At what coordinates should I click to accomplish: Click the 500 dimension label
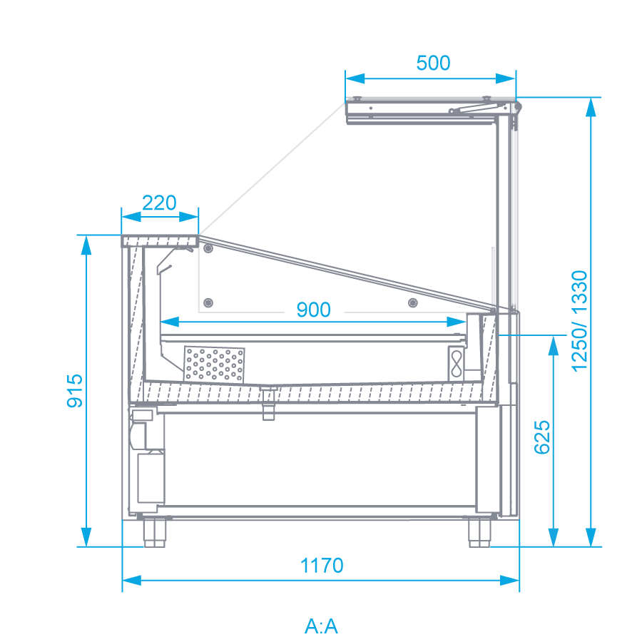pyautogui.click(x=433, y=63)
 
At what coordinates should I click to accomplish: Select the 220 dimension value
pyautogui.click(x=159, y=203)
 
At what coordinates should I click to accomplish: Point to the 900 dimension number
pyautogui.click(x=314, y=310)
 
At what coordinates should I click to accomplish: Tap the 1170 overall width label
pyautogui.click(x=322, y=566)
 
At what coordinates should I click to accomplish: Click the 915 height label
pyautogui.click(x=74, y=391)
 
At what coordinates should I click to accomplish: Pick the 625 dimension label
pyautogui.click(x=543, y=437)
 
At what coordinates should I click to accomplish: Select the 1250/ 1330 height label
pyautogui.click(x=579, y=321)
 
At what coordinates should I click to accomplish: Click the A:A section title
pyautogui.click(x=322, y=626)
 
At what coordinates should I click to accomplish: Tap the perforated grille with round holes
pyautogui.click(x=214, y=365)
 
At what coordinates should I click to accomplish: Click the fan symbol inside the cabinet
pyautogui.click(x=456, y=364)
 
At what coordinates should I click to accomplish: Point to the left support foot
pyautogui.click(x=154, y=532)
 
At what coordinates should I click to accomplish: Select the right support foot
pyautogui.click(x=479, y=532)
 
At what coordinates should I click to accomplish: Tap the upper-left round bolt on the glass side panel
pyautogui.click(x=208, y=248)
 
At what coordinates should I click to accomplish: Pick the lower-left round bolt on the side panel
pyautogui.click(x=208, y=303)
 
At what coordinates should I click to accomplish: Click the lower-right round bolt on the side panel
pyautogui.click(x=413, y=303)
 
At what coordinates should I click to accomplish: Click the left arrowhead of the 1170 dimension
pyautogui.click(x=132, y=580)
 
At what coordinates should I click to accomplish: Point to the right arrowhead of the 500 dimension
pyautogui.click(x=506, y=78)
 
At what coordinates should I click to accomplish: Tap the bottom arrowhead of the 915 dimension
pyautogui.click(x=86, y=536)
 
